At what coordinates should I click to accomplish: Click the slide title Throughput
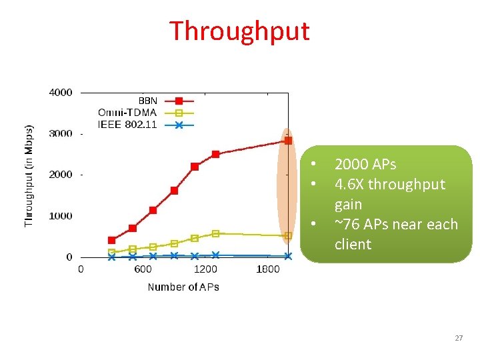(x=239, y=31)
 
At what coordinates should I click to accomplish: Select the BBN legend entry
(x=147, y=101)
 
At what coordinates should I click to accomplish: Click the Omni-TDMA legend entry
(x=127, y=113)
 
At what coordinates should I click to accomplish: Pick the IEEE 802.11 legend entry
(x=127, y=124)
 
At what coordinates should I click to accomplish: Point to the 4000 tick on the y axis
(x=60, y=93)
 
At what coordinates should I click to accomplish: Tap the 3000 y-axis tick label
(x=60, y=134)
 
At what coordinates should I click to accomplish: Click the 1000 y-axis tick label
(x=60, y=216)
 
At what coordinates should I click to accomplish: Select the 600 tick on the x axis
(x=143, y=269)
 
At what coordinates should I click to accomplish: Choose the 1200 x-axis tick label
(x=205, y=269)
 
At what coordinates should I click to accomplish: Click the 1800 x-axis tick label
(x=268, y=269)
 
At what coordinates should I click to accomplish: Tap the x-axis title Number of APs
(x=183, y=287)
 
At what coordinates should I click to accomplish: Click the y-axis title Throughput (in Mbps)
(x=29, y=175)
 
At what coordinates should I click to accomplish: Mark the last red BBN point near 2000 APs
(x=288, y=141)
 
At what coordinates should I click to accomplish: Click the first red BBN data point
(x=111, y=240)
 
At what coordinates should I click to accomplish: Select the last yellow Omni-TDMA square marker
(x=288, y=235)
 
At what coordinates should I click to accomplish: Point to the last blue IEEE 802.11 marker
(x=288, y=256)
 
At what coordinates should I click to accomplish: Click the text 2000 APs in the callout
(x=365, y=165)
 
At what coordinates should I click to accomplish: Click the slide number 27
(x=459, y=339)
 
